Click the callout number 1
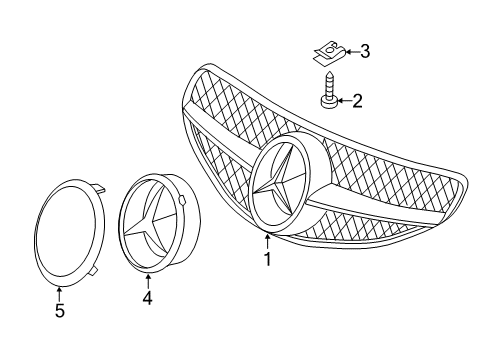point(267,259)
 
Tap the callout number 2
point(357,101)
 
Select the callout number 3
point(365,52)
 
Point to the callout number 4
point(147,298)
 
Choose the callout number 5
point(60,311)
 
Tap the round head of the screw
point(329,102)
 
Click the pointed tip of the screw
point(329,72)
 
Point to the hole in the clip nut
point(330,49)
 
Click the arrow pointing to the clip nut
point(353,52)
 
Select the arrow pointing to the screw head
point(344,100)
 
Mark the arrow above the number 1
point(267,242)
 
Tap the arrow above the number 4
point(148,281)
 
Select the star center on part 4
point(147,221)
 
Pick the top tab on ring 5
point(100,187)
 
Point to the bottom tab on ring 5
point(93,271)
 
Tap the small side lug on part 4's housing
point(182,199)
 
